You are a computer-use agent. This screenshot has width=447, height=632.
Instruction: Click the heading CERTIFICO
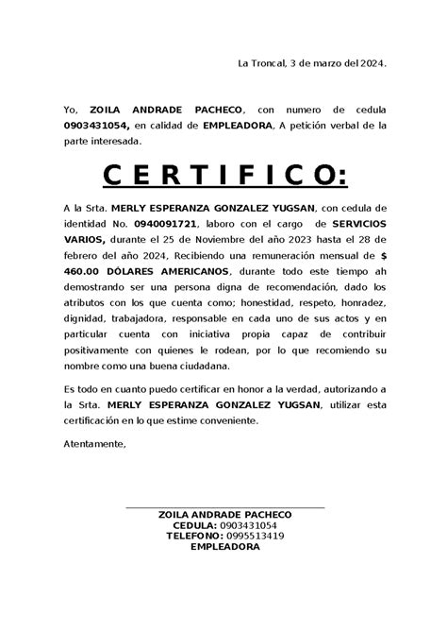tap(223, 175)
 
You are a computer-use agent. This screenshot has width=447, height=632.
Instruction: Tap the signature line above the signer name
tap(224, 508)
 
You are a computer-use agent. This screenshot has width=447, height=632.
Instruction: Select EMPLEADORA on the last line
tap(224, 547)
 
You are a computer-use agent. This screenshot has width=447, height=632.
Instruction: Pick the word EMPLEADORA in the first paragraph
tap(235, 125)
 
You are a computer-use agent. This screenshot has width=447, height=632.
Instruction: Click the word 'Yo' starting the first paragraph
tap(69, 110)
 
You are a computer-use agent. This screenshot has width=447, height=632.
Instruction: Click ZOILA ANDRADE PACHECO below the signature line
tap(224, 514)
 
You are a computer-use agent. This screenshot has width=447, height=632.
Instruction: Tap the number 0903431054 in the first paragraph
tap(97, 125)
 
